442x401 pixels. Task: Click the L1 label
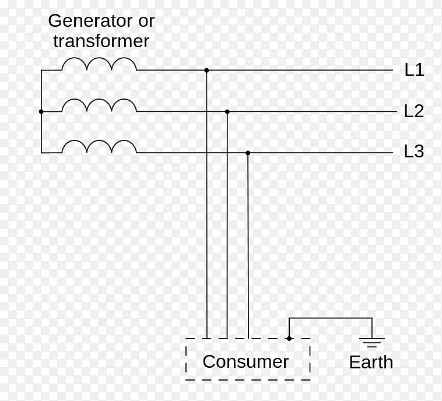[x=414, y=70]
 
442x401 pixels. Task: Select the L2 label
[x=414, y=111]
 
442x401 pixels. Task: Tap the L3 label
[x=414, y=152]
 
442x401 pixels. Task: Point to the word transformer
[x=101, y=41]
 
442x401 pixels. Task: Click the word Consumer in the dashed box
[x=245, y=361]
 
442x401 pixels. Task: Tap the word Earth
[x=371, y=362]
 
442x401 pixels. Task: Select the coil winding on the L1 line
[x=99, y=64]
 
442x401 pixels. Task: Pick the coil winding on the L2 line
[x=99, y=105]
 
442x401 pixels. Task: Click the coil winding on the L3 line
[x=99, y=146]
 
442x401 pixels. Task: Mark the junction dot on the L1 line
[x=206, y=70]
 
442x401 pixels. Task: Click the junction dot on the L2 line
[x=227, y=111]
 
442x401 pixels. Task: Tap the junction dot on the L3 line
[x=248, y=153]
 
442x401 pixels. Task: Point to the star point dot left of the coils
[x=41, y=111]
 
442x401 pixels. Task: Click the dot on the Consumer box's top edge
[x=289, y=338]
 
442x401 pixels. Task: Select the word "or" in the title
[x=146, y=21]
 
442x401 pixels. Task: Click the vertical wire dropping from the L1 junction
[x=206, y=233]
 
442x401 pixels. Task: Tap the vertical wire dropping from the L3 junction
[x=248, y=245]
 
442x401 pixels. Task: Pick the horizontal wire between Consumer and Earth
[x=330, y=318]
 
